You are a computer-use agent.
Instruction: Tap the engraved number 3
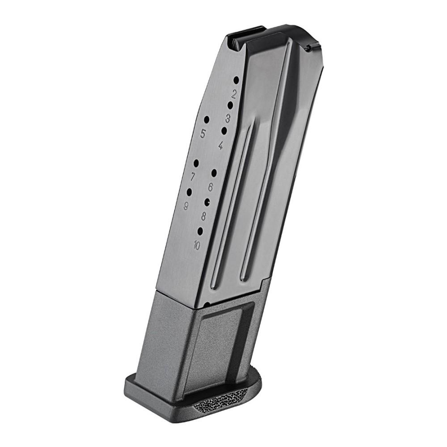pos(228,118)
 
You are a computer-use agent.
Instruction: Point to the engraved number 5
pos(203,133)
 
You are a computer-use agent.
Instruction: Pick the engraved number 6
pos(210,187)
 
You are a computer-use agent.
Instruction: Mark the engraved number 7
pos(193,177)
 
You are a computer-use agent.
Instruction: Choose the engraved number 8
pos(203,217)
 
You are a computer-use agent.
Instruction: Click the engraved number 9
pos(186,206)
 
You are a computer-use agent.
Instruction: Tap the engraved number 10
pos(197,245)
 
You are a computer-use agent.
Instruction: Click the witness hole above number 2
pos(236,80)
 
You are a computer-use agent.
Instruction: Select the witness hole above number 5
pos(207,119)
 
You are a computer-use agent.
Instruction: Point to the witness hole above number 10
pos(200,231)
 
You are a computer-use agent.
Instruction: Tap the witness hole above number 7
pos(196,163)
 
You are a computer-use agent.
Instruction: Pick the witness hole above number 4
pos(224,131)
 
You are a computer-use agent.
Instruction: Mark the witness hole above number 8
pos(207,202)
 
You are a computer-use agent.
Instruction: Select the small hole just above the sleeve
pos(207,304)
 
